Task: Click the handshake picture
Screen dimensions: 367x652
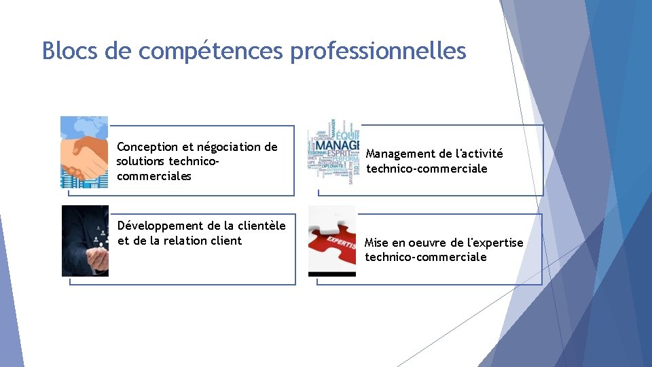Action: point(84,152)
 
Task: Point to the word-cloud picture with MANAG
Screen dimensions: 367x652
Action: point(333,153)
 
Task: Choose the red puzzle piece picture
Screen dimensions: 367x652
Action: point(332,241)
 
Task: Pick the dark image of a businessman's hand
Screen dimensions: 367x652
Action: point(85,241)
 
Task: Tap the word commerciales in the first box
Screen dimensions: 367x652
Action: point(154,177)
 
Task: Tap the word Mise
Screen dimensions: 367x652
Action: point(378,243)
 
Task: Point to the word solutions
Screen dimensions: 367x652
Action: point(140,162)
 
